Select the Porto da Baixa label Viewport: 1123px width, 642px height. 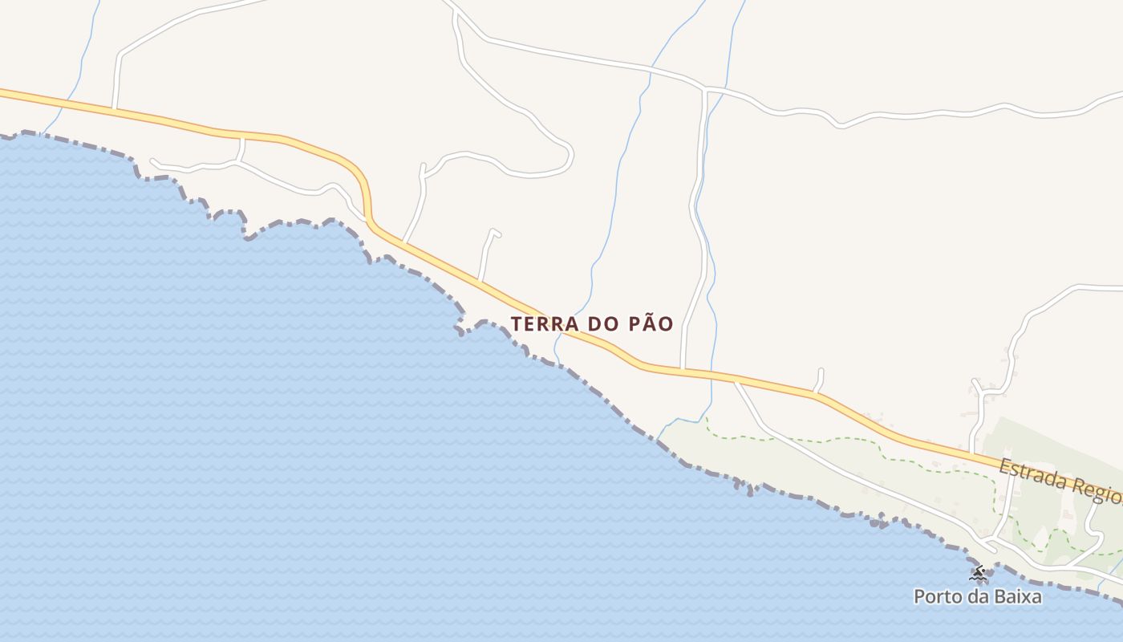click(x=978, y=597)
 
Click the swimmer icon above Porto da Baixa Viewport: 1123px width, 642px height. click(x=977, y=573)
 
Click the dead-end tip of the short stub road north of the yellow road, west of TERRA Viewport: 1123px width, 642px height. click(x=495, y=232)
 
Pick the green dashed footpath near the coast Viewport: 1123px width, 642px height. click(x=842, y=440)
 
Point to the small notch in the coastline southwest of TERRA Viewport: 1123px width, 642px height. click(x=460, y=329)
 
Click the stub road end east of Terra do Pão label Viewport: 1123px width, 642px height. click(x=821, y=371)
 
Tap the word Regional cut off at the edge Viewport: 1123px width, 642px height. click(x=1102, y=491)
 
